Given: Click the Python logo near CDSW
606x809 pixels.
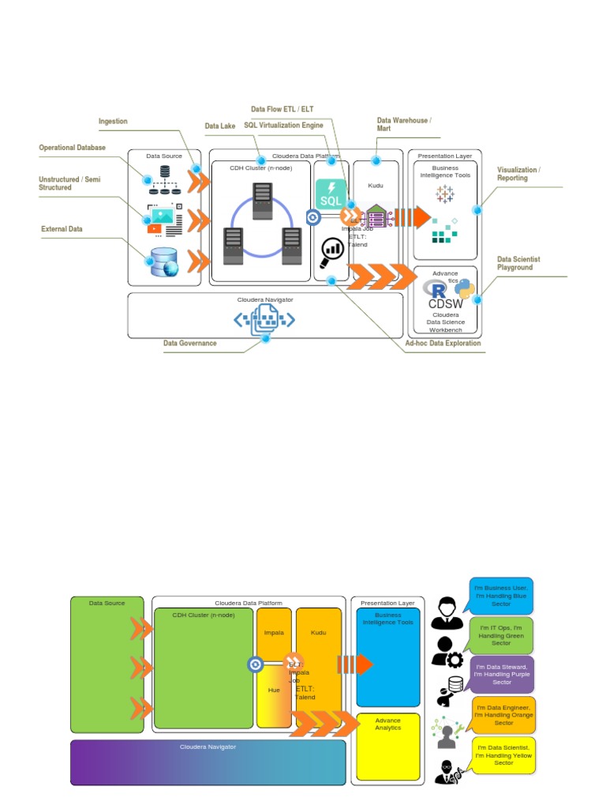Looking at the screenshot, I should (x=465, y=290).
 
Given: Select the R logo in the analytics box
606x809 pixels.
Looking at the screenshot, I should (x=434, y=289).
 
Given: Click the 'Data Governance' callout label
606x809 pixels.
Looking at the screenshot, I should (x=189, y=344).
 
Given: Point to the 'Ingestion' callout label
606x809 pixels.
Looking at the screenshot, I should (x=113, y=122).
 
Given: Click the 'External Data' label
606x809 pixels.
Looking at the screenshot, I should (x=62, y=229).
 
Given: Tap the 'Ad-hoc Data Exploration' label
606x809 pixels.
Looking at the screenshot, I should (x=443, y=344).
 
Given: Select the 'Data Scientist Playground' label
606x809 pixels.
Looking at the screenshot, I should (x=518, y=263).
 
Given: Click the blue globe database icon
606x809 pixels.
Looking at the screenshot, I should (x=164, y=262).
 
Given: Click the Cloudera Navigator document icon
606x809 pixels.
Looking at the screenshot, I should (x=264, y=320).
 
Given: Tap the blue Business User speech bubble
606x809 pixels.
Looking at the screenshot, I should (x=501, y=596).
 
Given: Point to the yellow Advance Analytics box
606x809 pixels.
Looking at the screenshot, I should (x=387, y=746).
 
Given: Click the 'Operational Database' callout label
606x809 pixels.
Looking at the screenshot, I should (x=72, y=148).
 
